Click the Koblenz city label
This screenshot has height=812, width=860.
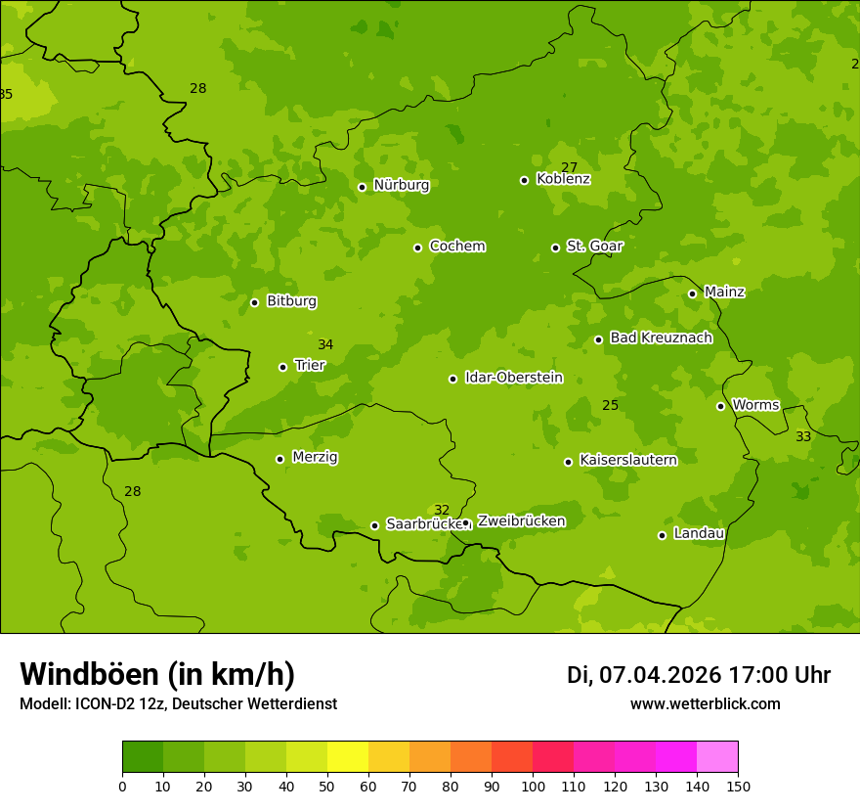coord(563,179)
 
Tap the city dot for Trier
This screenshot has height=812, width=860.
coord(283,367)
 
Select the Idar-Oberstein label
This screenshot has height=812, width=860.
coord(514,378)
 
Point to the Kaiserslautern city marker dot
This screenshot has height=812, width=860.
coord(568,462)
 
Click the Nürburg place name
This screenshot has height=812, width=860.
coord(401,185)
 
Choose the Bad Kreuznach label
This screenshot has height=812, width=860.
coord(661,338)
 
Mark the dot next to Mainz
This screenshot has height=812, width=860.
coord(692,293)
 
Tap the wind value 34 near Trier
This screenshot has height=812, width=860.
coord(325,344)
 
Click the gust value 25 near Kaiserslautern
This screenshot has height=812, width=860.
coord(610,405)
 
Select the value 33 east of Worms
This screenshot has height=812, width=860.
coord(803,436)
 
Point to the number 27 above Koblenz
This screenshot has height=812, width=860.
coord(569,167)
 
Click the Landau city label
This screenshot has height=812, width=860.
coord(699,533)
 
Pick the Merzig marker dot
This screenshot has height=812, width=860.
coord(279,459)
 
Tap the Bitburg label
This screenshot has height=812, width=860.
coord(291,301)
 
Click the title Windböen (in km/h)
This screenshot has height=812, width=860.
coord(157,674)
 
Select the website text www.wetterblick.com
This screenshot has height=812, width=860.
coord(705,704)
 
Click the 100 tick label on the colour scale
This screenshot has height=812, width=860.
coord(533,786)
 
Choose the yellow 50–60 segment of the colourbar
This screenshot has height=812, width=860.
coord(348,757)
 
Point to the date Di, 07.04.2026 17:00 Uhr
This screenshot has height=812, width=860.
coord(699,675)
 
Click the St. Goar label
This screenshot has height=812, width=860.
coord(594,246)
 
